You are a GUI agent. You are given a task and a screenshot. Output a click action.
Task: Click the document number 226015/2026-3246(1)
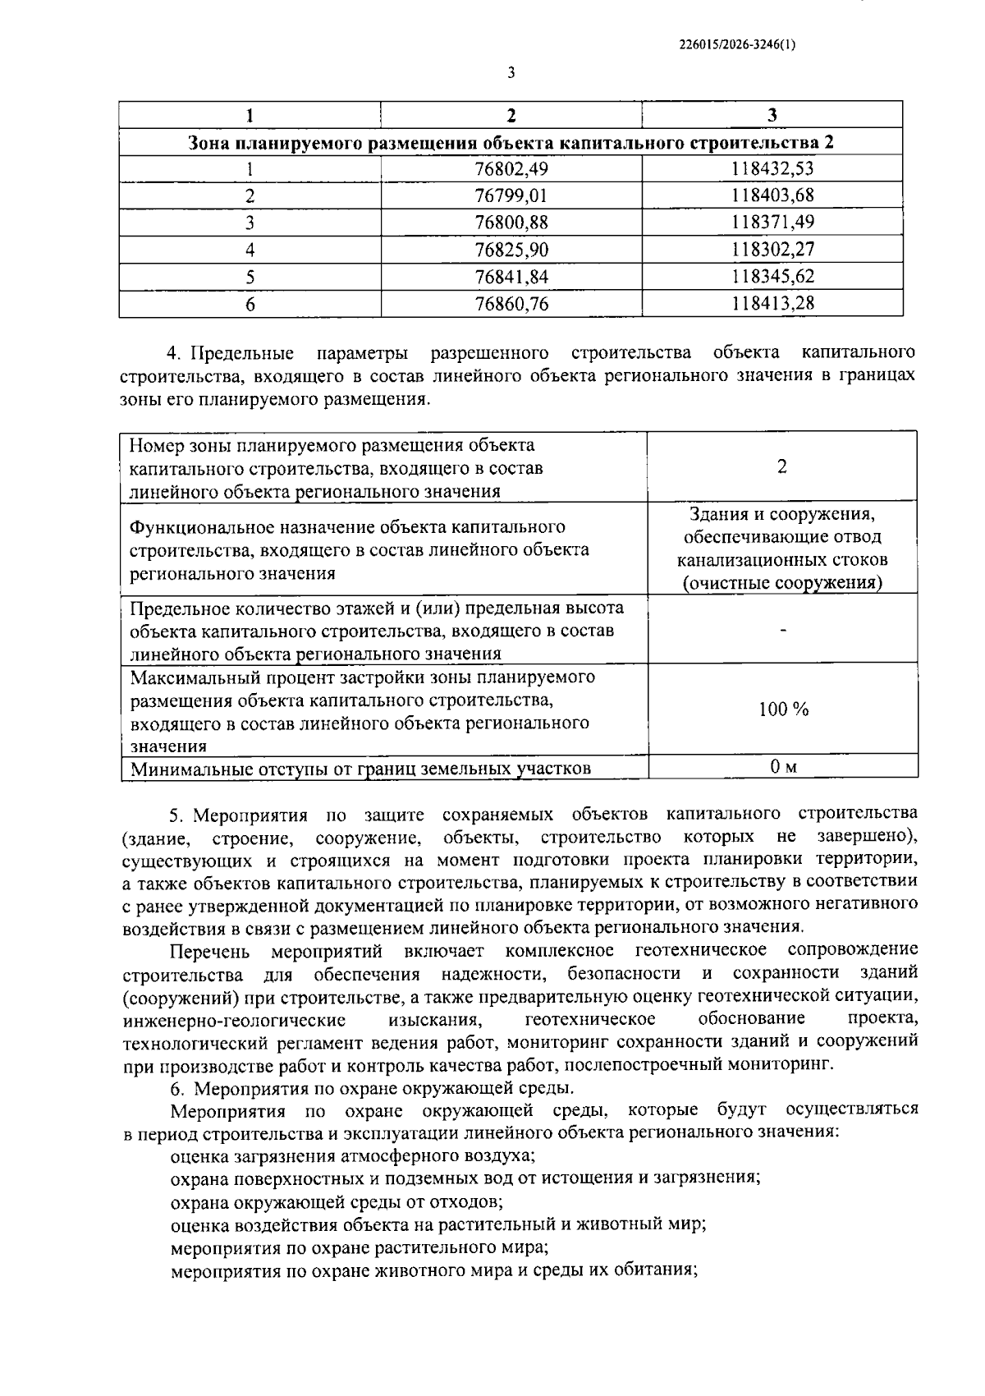click(x=737, y=46)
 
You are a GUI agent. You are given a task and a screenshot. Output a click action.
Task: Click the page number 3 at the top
click(x=511, y=73)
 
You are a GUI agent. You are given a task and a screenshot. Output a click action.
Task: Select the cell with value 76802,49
click(x=511, y=168)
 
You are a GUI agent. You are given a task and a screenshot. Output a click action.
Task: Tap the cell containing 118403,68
click(x=772, y=195)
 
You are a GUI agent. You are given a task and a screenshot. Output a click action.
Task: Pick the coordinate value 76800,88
click(x=511, y=223)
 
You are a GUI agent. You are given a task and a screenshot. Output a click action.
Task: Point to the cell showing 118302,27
click(x=772, y=250)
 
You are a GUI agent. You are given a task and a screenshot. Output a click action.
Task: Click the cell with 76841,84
click(x=511, y=277)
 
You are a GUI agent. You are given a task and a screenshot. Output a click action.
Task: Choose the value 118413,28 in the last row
click(x=772, y=304)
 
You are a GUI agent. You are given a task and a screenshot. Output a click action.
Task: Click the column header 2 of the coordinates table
click(x=511, y=115)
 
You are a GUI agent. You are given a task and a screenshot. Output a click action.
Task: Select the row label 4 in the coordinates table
click(x=250, y=250)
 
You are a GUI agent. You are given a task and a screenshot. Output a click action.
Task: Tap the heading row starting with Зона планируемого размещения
click(x=511, y=142)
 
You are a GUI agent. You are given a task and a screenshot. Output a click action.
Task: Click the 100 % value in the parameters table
click(x=782, y=709)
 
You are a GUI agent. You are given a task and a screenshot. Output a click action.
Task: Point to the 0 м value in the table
click(x=782, y=767)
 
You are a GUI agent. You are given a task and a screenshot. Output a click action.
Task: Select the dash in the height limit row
click(x=782, y=630)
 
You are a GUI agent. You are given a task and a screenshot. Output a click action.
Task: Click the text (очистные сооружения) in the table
click(x=782, y=583)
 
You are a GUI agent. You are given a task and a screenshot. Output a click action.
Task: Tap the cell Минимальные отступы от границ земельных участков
click(x=360, y=769)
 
